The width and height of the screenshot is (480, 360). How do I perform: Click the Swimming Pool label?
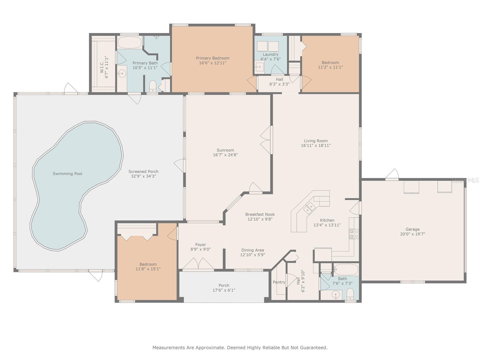(67, 174)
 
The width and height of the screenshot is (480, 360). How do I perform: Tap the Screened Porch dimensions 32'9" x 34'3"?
(143, 176)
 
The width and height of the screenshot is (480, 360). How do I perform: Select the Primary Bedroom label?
(213, 58)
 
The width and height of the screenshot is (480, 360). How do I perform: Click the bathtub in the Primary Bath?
(130, 42)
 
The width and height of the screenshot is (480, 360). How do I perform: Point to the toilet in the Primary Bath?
(153, 86)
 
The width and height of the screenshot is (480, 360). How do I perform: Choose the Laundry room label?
(271, 54)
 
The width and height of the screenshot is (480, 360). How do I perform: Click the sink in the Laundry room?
(259, 67)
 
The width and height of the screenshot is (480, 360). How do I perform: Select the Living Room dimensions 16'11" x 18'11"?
(316, 145)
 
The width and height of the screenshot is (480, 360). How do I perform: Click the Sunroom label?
(225, 150)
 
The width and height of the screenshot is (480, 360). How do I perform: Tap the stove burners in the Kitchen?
(354, 233)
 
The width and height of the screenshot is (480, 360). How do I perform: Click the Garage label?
(412, 229)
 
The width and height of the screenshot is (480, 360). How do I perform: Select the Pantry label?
(279, 282)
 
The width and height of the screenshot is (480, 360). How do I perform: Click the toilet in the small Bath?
(350, 294)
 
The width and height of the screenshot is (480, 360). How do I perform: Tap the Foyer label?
(200, 244)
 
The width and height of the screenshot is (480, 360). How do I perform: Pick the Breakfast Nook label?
(260, 214)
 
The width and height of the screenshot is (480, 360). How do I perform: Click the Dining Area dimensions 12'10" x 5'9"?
(253, 255)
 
